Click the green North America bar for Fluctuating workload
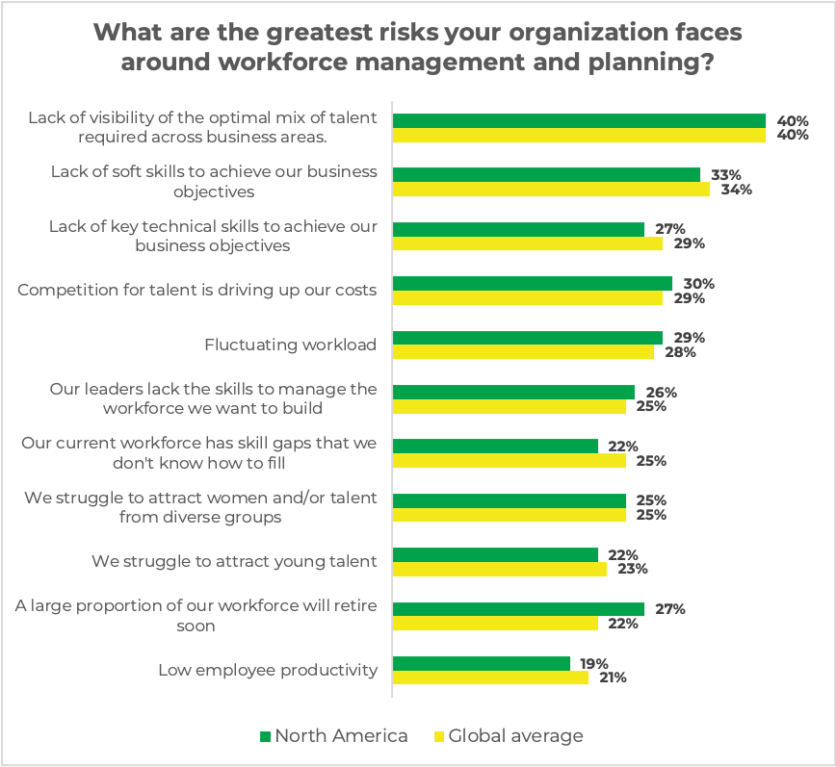pos(528,338)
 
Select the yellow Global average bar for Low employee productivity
pos(490,678)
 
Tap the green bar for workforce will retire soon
pos(518,609)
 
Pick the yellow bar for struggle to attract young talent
pos(500,569)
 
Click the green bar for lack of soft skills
pos(546,175)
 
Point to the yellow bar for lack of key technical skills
pos(528,243)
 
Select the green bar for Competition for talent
pos(533,284)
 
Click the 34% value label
pos(737,190)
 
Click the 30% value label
pos(699,284)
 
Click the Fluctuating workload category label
pos(291,345)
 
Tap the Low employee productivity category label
pos(268,670)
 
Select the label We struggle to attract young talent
pos(234,561)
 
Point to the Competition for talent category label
pos(197,290)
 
